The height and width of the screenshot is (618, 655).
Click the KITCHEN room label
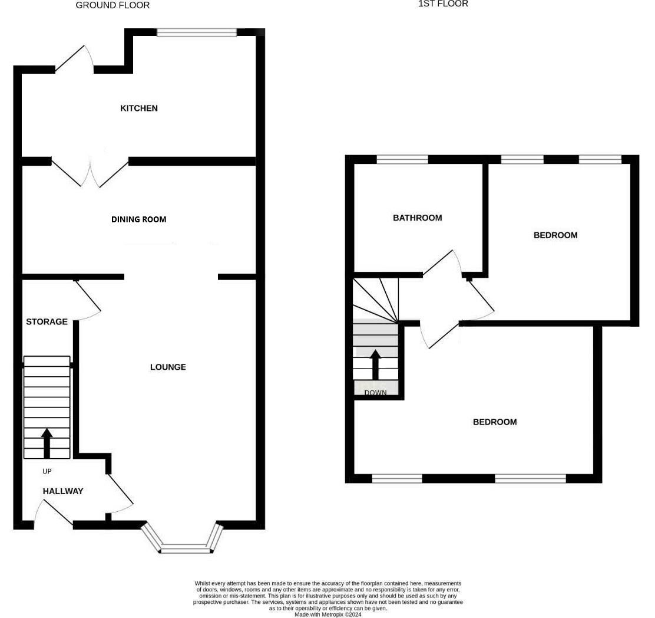click(139, 109)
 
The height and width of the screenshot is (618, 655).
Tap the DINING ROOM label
click(139, 219)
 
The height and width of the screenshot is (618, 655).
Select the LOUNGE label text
click(168, 367)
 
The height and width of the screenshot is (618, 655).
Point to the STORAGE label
click(47, 322)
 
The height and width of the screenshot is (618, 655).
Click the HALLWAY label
click(63, 491)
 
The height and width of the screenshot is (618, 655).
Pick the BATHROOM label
click(418, 218)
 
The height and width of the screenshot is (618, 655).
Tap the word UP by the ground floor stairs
click(47, 471)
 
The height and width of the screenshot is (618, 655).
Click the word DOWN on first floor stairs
click(375, 393)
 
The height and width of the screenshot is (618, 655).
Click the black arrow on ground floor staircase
click(47, 443)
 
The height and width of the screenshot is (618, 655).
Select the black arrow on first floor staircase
click(375, 364)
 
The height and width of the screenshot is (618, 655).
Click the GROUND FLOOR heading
click(113, 5)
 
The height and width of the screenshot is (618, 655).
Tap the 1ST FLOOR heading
click(443, 4)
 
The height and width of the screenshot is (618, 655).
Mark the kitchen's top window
click(197, 32)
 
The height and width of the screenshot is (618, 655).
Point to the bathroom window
click(402, 159)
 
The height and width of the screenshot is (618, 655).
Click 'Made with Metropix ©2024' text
click(328, 614)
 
